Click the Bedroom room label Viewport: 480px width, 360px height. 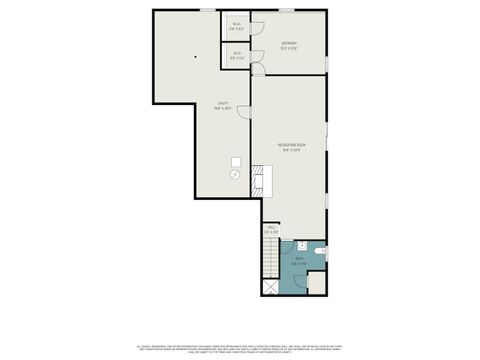click(288, 43)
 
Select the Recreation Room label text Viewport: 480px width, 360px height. click(293, 146)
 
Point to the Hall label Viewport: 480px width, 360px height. click(271, 229)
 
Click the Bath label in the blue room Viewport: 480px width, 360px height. click(298, 262)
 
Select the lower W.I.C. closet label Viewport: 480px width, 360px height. click(235, 56)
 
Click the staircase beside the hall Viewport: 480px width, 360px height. click(269, 258)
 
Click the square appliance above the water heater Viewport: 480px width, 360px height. click(237, 161)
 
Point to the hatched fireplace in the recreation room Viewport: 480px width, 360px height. click(257, 180)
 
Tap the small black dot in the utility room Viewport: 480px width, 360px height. click(196, 56)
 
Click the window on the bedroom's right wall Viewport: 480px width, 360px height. click(327, 64)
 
